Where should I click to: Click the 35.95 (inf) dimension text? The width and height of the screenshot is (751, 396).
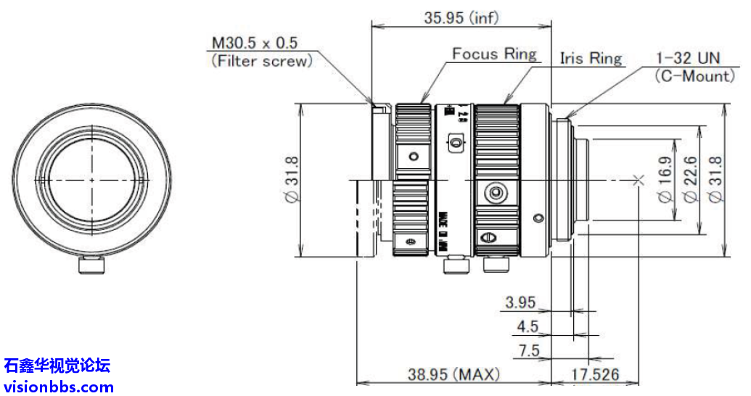(461, 18)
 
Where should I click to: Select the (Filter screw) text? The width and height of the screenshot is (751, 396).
(261, 61)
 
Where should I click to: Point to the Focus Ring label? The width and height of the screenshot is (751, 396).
(494, 54)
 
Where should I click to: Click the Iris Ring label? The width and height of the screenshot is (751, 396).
(591, 58)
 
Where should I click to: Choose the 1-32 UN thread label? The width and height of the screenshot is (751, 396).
(686, 57)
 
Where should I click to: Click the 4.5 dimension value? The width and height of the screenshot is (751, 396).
(528, 326)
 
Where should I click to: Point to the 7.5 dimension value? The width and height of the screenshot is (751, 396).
(530, 350)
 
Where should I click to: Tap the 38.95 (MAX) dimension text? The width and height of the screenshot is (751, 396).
(454, 374)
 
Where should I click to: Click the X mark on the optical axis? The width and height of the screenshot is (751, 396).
(639, 180)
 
